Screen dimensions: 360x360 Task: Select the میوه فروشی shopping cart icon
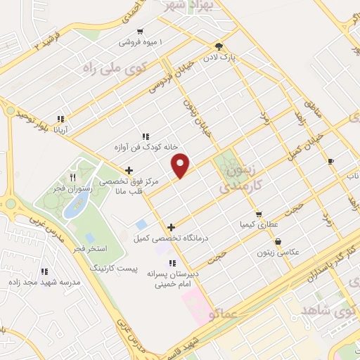[141, 31]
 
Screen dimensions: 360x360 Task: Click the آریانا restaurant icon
[60, 119]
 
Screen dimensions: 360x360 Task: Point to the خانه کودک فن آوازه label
[144, 146]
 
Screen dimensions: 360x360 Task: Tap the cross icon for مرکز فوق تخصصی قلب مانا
[129, 169]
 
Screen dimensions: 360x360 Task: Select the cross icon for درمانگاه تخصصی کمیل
[171, 227]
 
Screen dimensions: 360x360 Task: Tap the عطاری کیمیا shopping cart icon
[259, 214]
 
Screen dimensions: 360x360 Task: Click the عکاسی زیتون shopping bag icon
[278, 242]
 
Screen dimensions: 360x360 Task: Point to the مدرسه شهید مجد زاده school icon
[44, 271]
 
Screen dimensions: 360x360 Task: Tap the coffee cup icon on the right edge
[331, 162]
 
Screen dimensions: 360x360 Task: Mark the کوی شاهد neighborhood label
[328, 309]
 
